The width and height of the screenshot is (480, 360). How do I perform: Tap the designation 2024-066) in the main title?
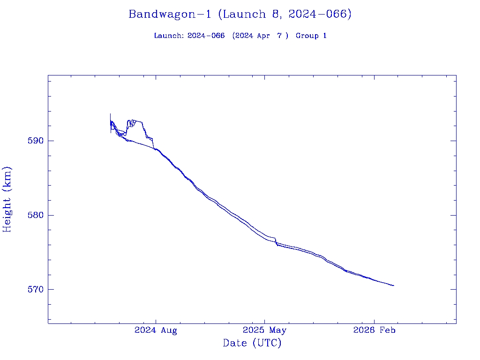pos(320,14)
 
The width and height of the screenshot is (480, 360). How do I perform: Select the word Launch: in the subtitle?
pos(169,36)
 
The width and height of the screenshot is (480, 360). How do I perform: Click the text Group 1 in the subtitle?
pos(311,36)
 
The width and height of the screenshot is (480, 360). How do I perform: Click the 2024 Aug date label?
pos(156,330)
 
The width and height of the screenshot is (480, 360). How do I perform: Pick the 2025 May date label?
pos(264,330)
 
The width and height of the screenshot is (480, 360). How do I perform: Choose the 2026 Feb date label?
pos(374,330)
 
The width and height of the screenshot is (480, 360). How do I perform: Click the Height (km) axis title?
pos(7,199)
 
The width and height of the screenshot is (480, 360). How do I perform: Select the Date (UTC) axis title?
pos(252,343)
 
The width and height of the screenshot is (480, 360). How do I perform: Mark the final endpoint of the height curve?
pos(394,285)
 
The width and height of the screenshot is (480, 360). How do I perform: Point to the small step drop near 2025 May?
pos(276,241)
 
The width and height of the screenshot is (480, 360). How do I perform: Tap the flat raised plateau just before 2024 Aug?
pos(138,121)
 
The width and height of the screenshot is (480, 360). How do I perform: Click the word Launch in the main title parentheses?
pos(241,14)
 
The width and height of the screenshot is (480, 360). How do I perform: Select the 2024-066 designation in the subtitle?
pos(206,36)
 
